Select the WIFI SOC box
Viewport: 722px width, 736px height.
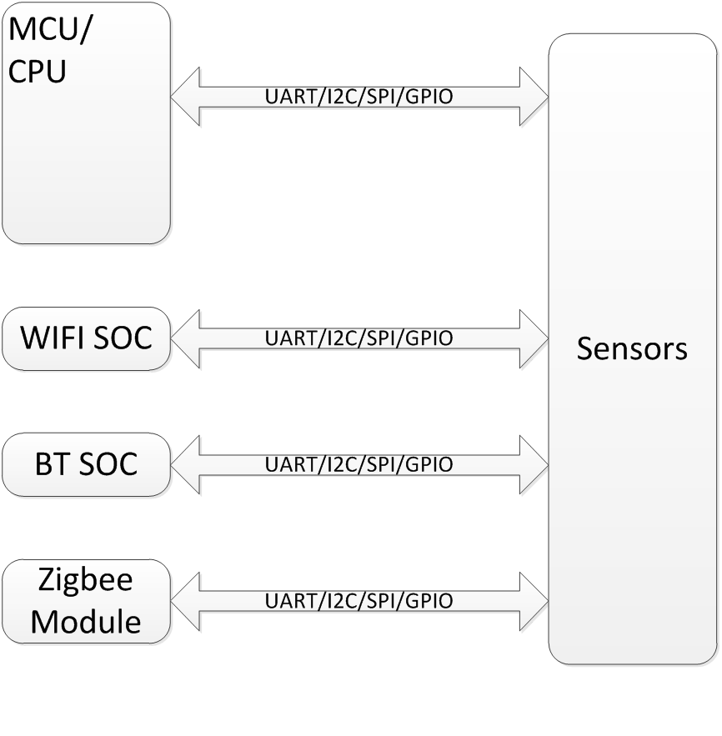coord(87,339)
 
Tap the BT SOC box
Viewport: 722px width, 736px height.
coord(87,464)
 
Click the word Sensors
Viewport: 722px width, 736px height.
coord(632,348)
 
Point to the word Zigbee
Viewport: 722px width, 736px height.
coord(87,579)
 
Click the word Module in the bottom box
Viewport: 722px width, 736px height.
coord(87,623)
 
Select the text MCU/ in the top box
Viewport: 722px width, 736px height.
coord(51,33)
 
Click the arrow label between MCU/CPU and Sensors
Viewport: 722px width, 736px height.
coord(358,98)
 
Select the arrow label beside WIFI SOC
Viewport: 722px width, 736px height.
coord(358,338)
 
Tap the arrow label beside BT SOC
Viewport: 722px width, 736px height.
coord(358,464)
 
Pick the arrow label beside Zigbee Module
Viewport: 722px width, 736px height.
coord(358,601)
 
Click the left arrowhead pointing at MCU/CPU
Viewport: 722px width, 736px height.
coord(187,98)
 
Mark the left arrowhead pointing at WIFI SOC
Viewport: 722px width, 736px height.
coord(187,338)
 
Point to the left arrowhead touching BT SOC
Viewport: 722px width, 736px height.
coord(187,464)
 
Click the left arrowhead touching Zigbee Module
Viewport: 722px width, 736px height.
coord(187,601)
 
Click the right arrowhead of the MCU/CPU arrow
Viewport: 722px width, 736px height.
coord(533,98)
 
